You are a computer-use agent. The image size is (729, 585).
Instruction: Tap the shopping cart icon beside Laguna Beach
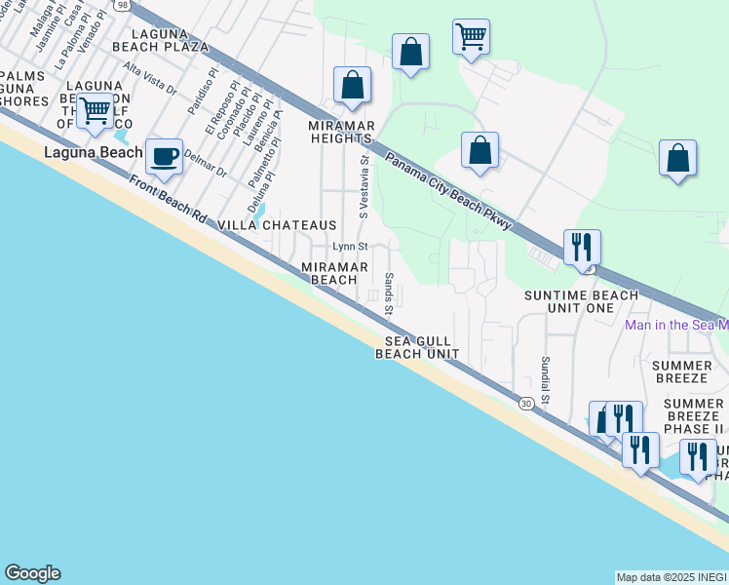tap(95, 112)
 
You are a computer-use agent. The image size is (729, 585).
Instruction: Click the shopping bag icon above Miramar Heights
tap(352, 85)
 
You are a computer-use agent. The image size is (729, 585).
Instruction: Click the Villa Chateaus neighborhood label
tap(277, 225)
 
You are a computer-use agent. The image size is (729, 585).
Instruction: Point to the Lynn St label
tap(350, 247)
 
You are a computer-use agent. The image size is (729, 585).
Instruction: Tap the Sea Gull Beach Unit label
tap(417, 347)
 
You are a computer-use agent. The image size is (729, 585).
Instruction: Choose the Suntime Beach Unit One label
tap(582, 301)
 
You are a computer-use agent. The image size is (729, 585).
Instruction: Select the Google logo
tap(32, 573)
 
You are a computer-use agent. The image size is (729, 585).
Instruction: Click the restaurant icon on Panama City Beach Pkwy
tap(583, 248)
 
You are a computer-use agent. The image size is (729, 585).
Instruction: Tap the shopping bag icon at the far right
tap(677, 158)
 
